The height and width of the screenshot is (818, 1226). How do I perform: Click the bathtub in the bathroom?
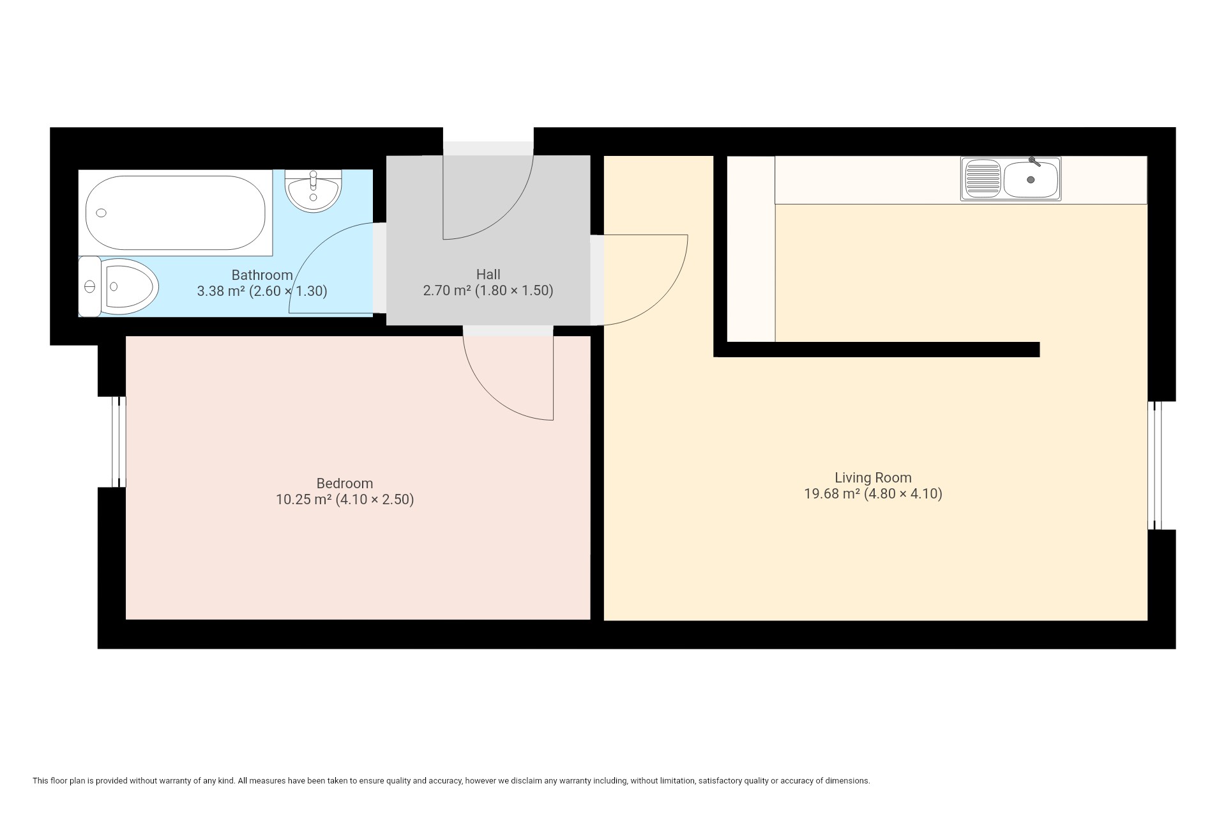[176, 213]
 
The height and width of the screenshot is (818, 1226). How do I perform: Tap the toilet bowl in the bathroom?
[132, 286]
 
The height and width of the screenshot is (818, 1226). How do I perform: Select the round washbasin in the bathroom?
[313, 191]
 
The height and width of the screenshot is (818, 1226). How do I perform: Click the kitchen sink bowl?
[1031, 180]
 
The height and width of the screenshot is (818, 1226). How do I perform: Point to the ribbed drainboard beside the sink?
[983, 179]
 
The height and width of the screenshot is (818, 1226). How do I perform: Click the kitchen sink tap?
[1034, 162]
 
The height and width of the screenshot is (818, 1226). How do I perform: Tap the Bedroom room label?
[345, 483]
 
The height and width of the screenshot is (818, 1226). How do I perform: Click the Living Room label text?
[873, 477]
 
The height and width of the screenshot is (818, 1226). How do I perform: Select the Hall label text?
[488, 274]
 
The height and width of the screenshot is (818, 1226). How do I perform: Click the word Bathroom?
[262, 275]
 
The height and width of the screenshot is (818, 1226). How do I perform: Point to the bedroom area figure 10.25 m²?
[303, 499]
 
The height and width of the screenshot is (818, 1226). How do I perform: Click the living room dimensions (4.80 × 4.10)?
[903, 493]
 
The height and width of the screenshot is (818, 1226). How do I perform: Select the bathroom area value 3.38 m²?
[221, 291]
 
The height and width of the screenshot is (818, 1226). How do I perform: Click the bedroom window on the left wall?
[119, 442]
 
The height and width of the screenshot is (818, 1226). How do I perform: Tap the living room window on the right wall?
[1154, 465]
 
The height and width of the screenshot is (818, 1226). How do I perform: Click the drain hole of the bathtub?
[101, 213]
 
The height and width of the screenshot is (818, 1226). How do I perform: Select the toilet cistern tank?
[89, 286]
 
